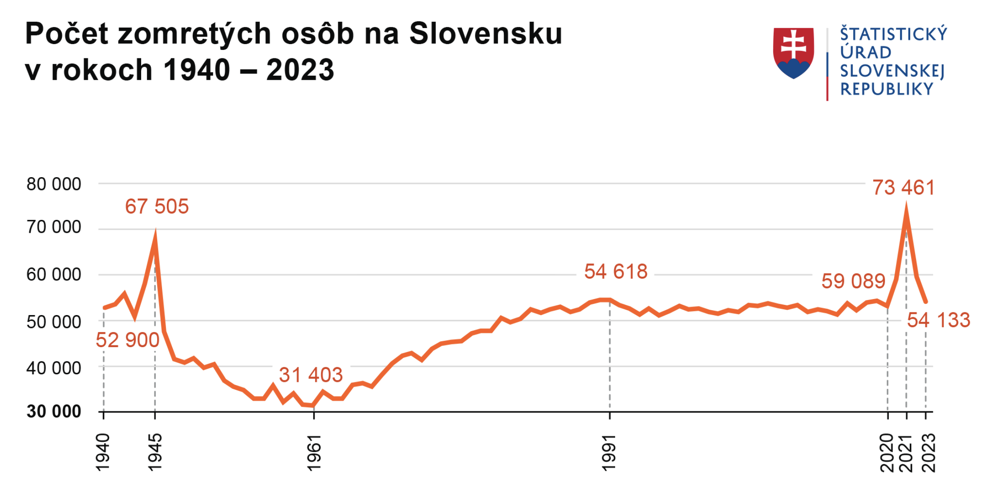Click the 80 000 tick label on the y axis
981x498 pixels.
pos(54,184)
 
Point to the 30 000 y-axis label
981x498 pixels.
pos(54,412)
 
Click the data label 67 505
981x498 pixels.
pos(157,206)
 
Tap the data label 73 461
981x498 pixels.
pos(904,187)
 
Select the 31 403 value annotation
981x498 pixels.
pos(311,375)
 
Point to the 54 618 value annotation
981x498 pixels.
pos(616,271)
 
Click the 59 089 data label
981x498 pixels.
pos(853,281)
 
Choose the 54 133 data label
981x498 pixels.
pos(938,320)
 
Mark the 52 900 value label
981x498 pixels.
pos(127,340)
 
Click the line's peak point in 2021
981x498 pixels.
pos(906,210)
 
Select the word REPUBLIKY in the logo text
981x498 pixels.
pos(887,89)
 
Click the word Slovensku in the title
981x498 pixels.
pos(486,33)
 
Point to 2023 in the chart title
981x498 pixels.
pos(300,70)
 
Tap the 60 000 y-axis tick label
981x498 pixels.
pos(54,275)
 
